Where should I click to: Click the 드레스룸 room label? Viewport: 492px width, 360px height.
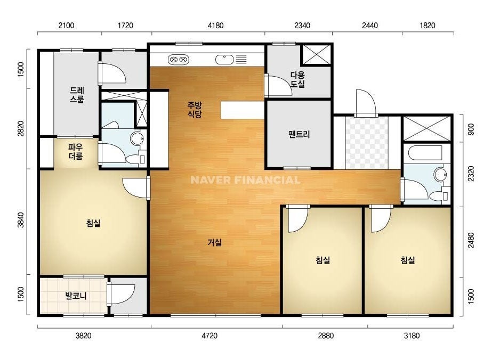pos(77,95)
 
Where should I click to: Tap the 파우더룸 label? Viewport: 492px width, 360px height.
pos(76,151)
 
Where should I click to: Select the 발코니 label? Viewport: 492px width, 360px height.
pos(76,296)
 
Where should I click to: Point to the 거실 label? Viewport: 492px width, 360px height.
pos(215,242)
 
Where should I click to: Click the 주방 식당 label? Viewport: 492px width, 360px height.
pos(195,110)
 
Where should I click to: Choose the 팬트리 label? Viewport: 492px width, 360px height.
pos(299,135)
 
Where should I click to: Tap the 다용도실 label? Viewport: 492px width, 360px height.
pos(297,80)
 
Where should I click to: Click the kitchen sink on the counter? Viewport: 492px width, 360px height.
pos(224,59)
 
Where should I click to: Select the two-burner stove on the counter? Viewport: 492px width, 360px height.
pos(178,59)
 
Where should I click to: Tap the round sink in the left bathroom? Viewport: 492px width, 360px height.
pos(137,138)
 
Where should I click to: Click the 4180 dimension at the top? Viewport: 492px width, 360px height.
pos(215,26)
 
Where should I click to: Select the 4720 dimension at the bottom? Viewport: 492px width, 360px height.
pos(209,336)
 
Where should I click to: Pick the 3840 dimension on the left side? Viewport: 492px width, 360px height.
pos(20,220)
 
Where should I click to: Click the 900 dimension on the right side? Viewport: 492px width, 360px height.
pos(471,129)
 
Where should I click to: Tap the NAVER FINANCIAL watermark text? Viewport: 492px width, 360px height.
pos(245,180)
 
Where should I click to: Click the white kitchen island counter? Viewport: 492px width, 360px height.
pos(243,110)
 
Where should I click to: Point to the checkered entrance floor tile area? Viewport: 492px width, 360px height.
pos(367,143)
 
